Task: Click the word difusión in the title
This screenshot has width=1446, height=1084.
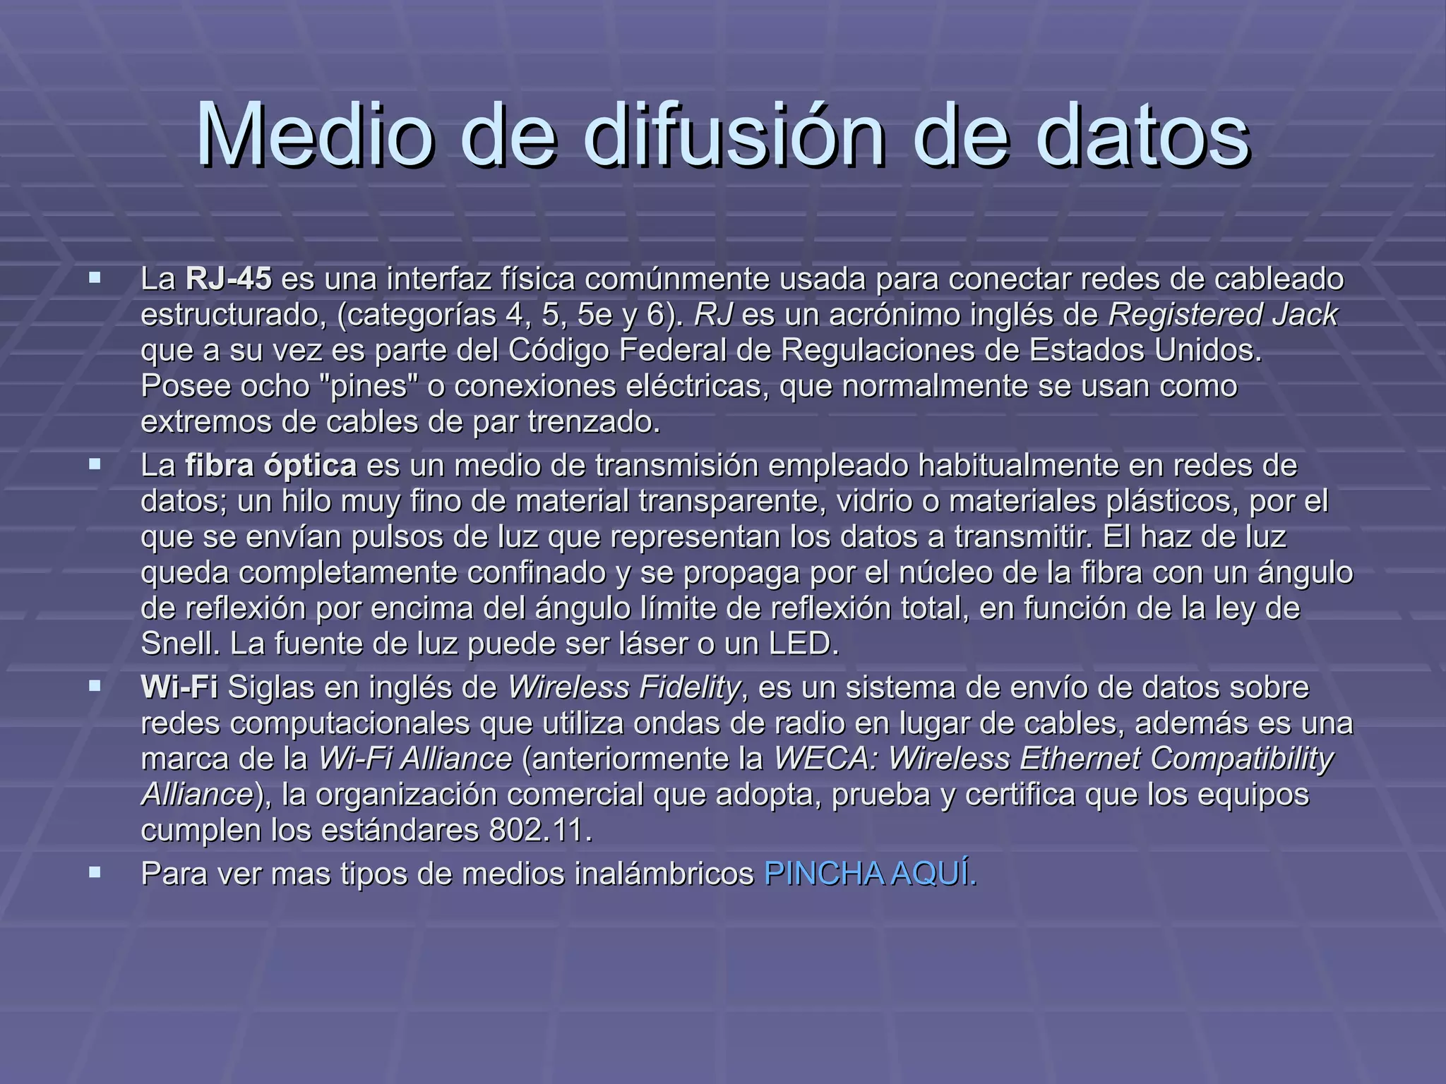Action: pos(734,134)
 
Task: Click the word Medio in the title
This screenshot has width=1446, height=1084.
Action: pos(314,134)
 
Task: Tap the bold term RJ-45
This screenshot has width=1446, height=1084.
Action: pos(228,279)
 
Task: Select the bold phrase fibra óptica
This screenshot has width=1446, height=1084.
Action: pos(270,466)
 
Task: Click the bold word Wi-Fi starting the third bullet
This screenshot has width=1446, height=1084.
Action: pos(179,687)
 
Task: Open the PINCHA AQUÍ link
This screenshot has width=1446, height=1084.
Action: pos(871,874)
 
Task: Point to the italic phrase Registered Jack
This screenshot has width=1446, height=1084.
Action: pos(1222,315)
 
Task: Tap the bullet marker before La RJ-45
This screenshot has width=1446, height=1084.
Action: pos(95,279)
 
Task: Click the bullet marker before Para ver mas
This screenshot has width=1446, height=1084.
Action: pos(95,873)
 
